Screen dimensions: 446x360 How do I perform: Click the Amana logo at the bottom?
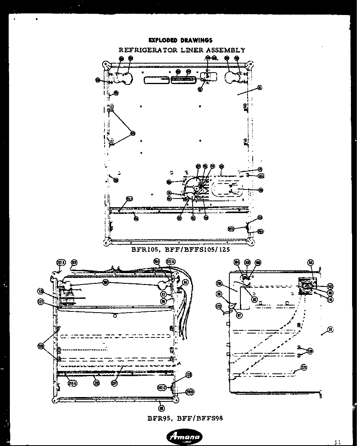185,437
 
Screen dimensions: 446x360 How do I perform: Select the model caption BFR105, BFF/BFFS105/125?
180,249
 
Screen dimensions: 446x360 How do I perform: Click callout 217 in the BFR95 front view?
114,382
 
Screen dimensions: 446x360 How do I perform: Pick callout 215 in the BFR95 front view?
96,382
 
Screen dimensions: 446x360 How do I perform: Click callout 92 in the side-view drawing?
255,300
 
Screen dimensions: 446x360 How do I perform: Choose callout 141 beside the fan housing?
330,300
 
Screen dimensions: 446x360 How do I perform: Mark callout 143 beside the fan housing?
330,286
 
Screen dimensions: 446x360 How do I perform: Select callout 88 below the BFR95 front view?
161,409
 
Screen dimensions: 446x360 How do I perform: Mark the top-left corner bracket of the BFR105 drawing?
105,64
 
